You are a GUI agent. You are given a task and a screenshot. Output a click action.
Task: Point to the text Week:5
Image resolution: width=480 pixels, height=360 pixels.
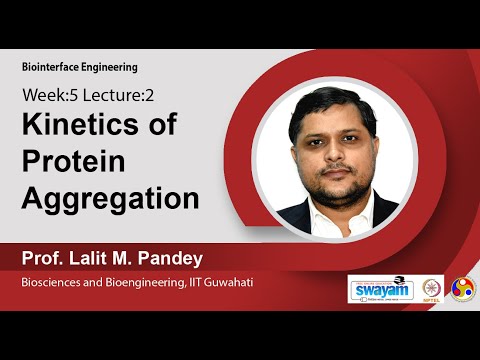(x=48, y=98)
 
